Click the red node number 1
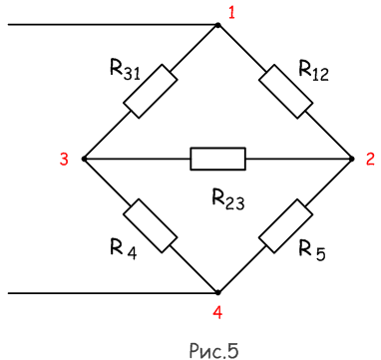pyautogui.click(x=231, y=14)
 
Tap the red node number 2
pyautogui.click(x=370, y=160)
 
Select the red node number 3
pyautogui.click(x=64, y=160)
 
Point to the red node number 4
pyautogui.click(x=217, y=312)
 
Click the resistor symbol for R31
pyautogui.click(x=151, y=92)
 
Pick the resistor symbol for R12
pyautogui.click(x=286, y=92)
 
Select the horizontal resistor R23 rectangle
pyautogui.click(x=217, y=159)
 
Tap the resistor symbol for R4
pyautogui.click(x=151, y=226)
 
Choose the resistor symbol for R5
pyautogui.click(x=286, y=226)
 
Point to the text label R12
pyautogui.click(x=313, y=71)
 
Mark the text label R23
pyautogui.click(x=228, y=200)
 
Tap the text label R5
pyautogui.click(x=312, y=250)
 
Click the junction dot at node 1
pyautogui.click(x=217, y=25)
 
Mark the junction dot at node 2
pyautogui.click(x=352, y=159)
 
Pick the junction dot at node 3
pyautogui.click(x=84, y=159)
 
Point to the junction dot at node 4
pyautogui.click(x=217, y=293)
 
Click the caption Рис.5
pyautogui.click(x=214, y=348)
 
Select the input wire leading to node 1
pyautogui.click(x=113, y=25)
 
